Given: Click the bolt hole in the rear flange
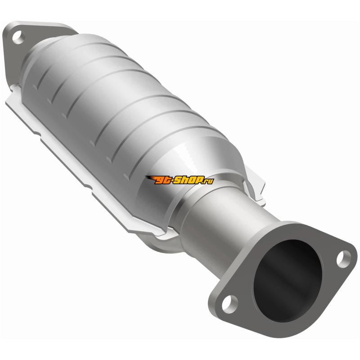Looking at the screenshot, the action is pyautogui.click(x=18, y=37).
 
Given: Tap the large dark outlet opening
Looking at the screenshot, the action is pyautogui.click(x=288, y=280).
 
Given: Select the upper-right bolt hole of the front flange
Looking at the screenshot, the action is pyautogui.click(x=344, y=259).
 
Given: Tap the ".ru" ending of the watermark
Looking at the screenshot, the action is pyautogui.click(x=208, y=181).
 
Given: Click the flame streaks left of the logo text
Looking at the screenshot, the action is pyautogui.click(x=150, y=178).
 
